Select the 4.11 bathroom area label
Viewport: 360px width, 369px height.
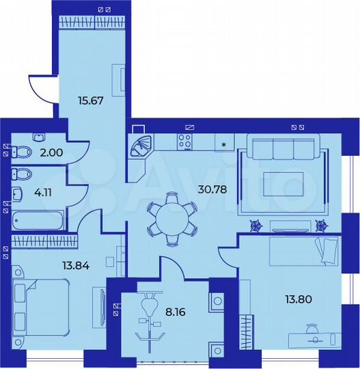[x=44, y=191]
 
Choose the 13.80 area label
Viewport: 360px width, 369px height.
[x=298, y=298]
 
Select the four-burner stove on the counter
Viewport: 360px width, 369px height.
[x=185, y=141]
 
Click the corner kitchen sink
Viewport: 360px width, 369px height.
[x=142, y=146]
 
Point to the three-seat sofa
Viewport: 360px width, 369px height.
[x=283, y=148]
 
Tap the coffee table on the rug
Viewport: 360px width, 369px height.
[x=283, y=182]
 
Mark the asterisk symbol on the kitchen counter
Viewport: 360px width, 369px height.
[x=223, y=143]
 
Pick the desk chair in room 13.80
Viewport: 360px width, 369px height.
[x=311, y=329]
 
